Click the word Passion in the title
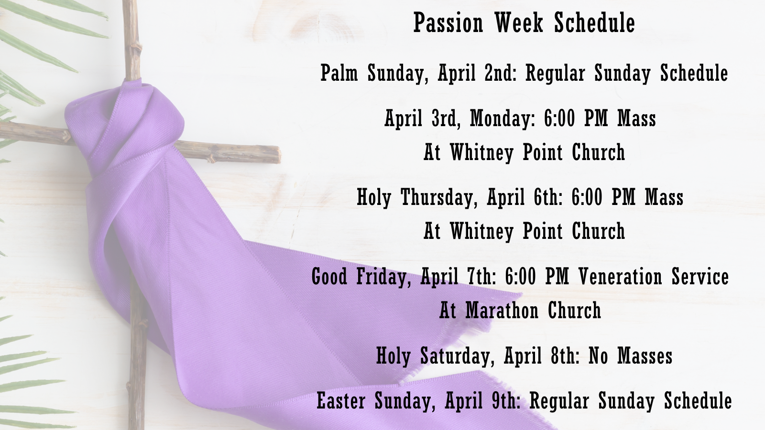tap(448, 23)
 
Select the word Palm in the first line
tap(339, 73)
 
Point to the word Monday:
tap(503, 118)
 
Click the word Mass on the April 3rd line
tap(636, 118)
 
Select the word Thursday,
tap(439, 197)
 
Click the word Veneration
tap(620, 277)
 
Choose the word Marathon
tap(502, 311)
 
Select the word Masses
tap(645, 356)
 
